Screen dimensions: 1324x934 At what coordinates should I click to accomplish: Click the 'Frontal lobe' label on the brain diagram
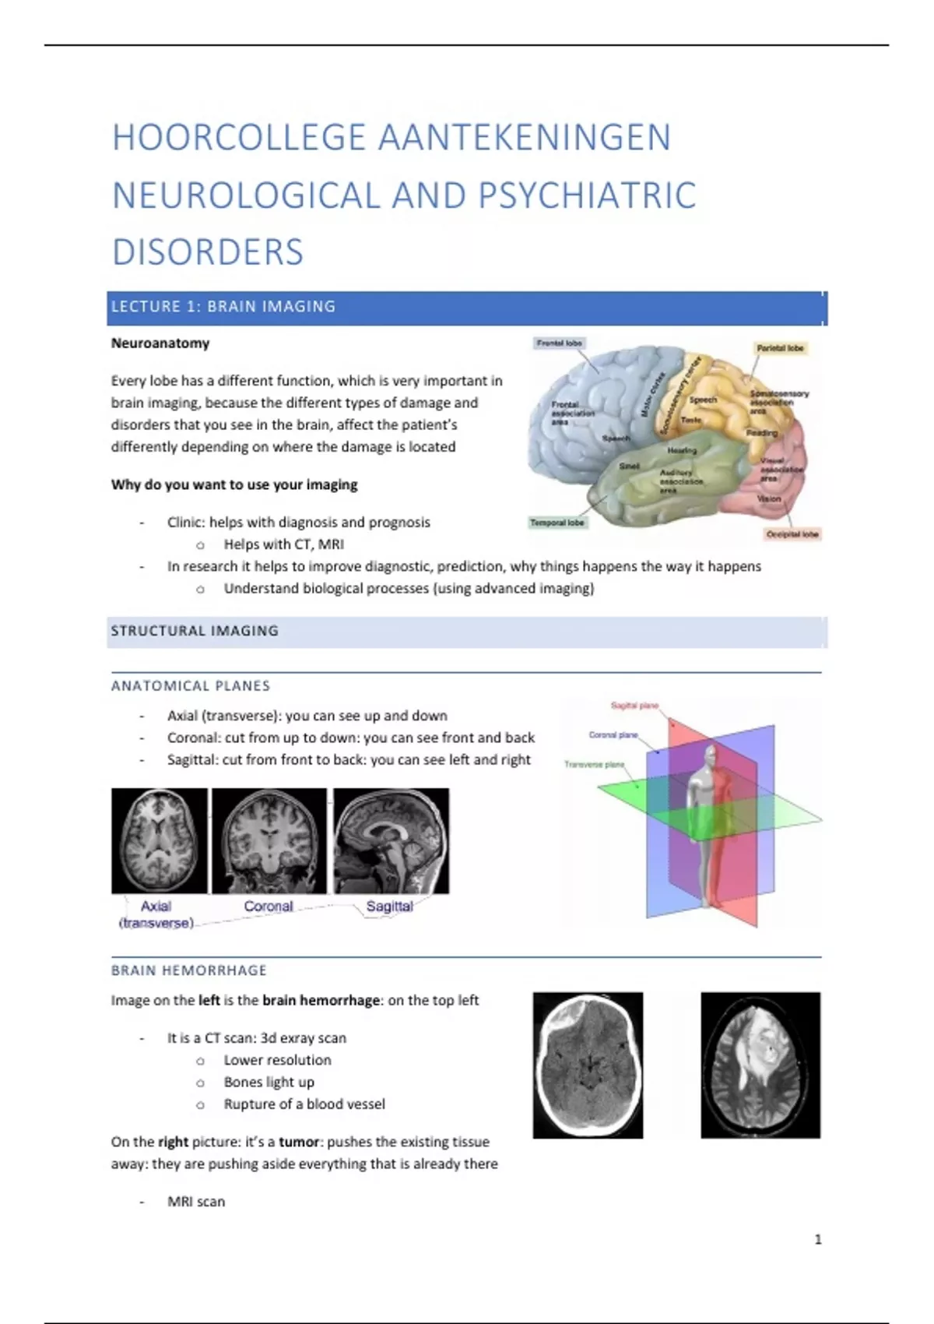tap(559, 343)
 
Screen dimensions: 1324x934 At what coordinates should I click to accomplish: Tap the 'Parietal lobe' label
tap(780, 348)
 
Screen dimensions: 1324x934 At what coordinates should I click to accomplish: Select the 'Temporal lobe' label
tap(557, 523)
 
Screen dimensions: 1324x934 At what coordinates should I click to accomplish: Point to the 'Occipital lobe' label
tap(792, 534)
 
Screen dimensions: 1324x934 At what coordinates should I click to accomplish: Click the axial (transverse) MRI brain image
tap(160, 840)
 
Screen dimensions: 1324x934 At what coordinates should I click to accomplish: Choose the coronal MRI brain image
tap(269, 840)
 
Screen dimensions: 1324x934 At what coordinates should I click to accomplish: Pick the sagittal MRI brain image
tap(392, 840)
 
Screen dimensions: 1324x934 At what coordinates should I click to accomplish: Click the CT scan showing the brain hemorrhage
tap(588, 1065)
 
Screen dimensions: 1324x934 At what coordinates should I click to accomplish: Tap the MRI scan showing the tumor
tap(760, 1065)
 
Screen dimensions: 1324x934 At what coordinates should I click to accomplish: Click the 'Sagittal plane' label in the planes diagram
tap(634, 706)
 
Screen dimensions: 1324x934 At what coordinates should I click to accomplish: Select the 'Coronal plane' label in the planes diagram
tap(613, 734)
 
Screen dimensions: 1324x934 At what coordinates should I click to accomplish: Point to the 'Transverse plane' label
tap(594, 764)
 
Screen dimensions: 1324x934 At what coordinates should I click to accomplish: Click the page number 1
tap(818, 1239)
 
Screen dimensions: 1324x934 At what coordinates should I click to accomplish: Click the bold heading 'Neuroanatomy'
tap(160, 343)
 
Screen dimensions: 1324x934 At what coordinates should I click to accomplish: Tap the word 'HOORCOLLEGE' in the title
tap(239, 138)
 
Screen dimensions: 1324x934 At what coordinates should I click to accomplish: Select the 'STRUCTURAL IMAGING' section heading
tap(195, 631)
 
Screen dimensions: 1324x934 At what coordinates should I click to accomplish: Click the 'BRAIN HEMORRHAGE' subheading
tap(189, 970)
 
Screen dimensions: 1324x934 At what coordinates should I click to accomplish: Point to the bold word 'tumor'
tap(299, 1142)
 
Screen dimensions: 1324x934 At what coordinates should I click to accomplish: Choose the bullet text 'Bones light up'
tap(269, 1082)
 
